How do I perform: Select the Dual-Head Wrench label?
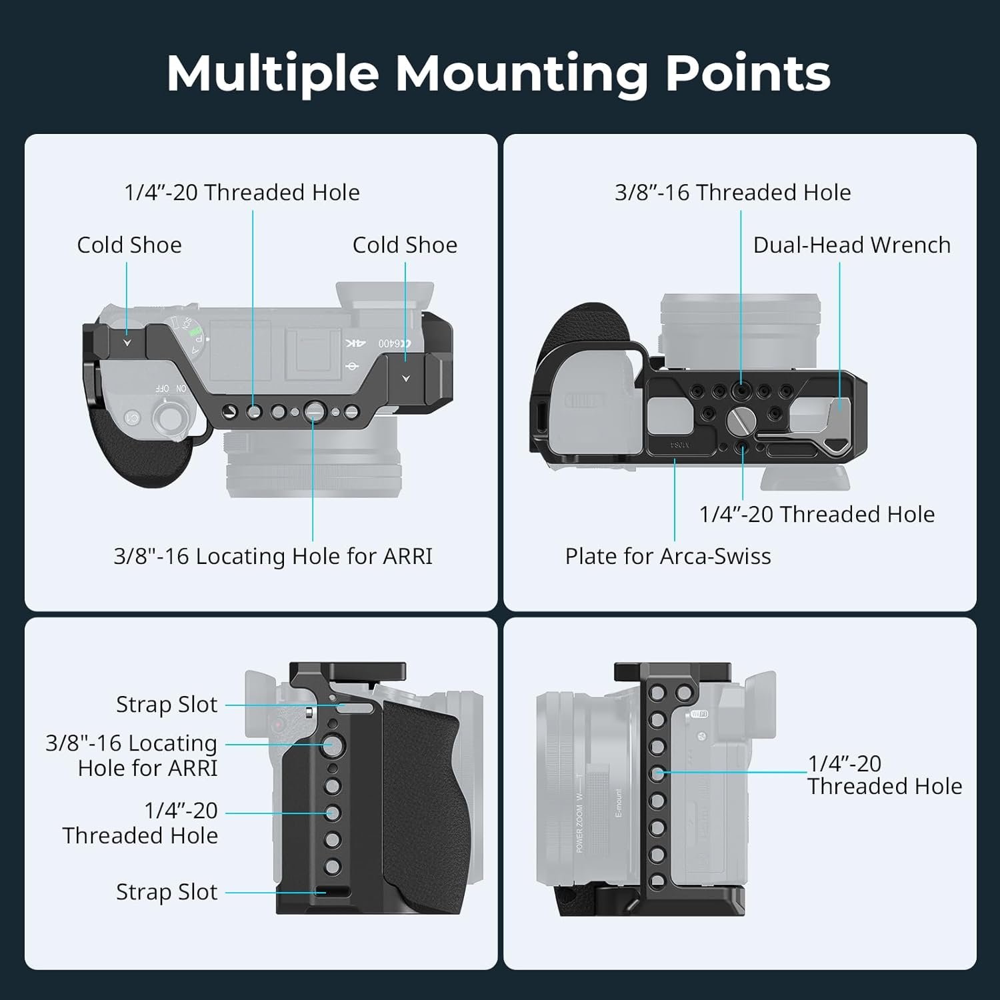[x=851, y=245]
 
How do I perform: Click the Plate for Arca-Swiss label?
[x=667, y=556]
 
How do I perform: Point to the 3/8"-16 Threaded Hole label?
[x=733, y=193]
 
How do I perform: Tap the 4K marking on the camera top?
[x=355, y=343]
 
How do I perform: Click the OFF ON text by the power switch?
[x=171, y=388]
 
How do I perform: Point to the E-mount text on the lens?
[x=618, y=803]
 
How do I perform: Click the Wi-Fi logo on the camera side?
[x=699, y=715]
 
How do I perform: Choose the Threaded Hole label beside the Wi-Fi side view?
[x=885, y=787]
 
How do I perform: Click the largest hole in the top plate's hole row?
[x=314, y=412]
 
